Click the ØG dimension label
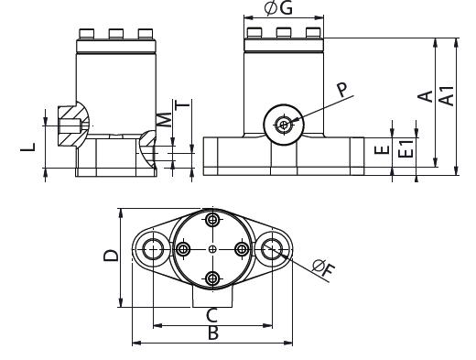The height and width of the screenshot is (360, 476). (x=278, y=8)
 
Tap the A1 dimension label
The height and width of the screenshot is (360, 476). (x=447, y=96)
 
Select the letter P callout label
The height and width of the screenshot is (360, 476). (x=342, y=90)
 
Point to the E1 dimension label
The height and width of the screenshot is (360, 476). (x=406, y=148)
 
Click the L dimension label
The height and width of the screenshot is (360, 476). (x=28, y=147)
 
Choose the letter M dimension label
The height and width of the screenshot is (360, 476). (x=164, y=120)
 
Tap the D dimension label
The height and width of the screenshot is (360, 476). (x=111, y=256)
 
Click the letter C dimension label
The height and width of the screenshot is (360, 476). (x=211, y=315)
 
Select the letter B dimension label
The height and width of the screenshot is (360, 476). (x=213, y=333)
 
